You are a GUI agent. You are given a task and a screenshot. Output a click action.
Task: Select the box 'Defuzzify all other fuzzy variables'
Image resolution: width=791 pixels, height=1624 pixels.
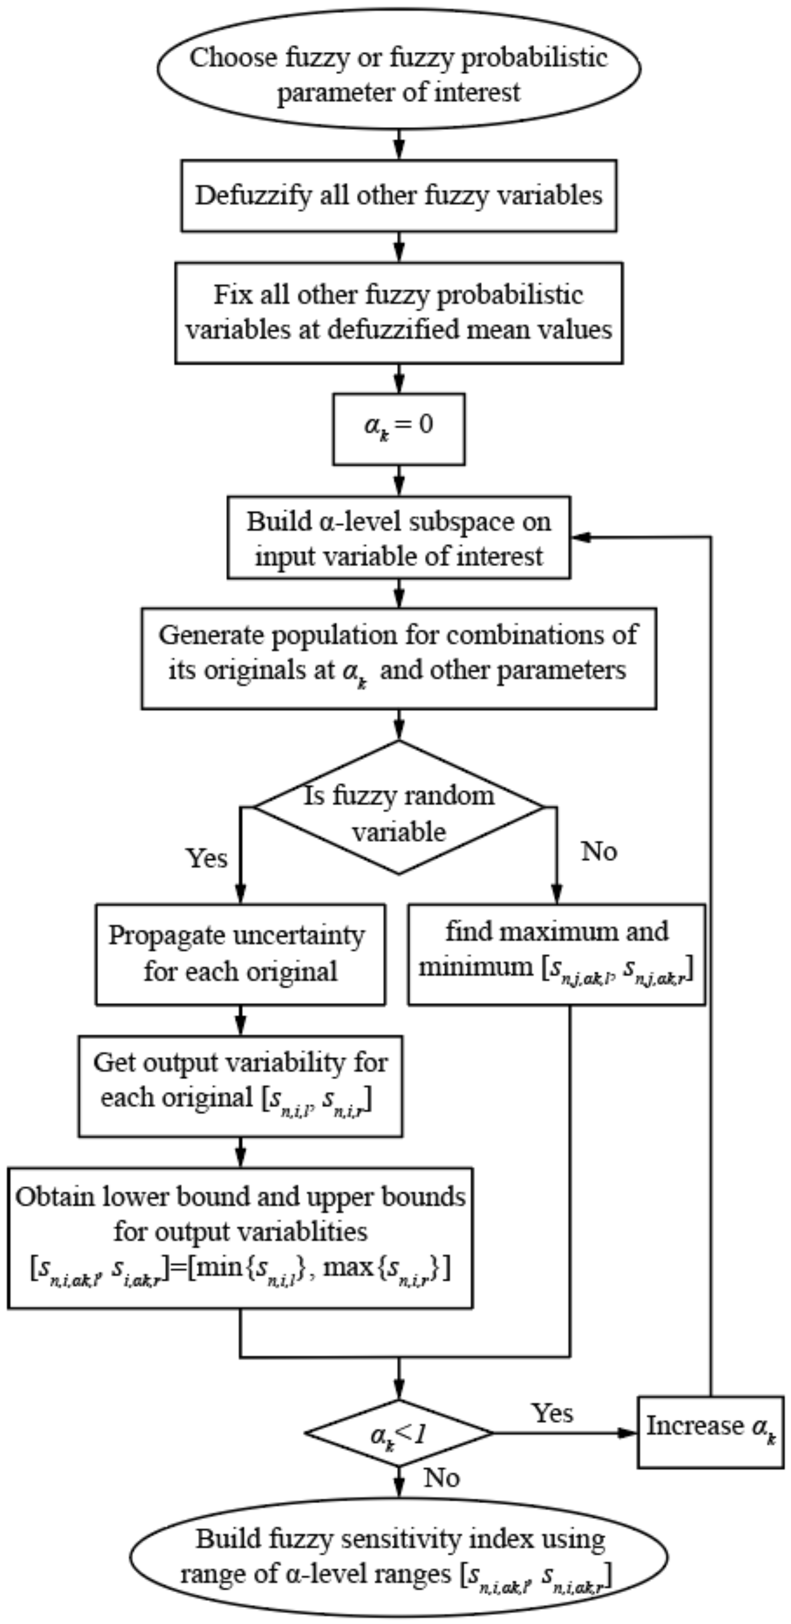point(398,195)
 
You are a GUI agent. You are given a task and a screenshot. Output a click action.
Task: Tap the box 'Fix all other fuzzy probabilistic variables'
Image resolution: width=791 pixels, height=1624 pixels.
point(398,313)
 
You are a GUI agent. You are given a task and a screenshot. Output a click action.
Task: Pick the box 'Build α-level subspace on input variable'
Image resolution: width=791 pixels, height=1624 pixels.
point(398,538)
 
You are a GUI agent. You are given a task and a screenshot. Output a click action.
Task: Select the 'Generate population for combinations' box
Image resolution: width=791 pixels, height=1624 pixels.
point(398,658)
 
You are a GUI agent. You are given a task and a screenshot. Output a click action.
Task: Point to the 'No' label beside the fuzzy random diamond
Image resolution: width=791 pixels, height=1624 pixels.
point(598,851)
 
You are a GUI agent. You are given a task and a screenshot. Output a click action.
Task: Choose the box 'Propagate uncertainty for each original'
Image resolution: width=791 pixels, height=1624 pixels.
point(240,954)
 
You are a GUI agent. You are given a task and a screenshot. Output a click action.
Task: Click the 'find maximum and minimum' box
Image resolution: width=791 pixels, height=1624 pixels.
point(556,954)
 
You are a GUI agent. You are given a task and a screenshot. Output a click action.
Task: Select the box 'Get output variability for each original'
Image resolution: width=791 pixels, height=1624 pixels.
point(240,1085)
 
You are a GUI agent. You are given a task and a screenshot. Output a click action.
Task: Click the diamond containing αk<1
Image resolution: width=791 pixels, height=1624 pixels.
point(398,1434)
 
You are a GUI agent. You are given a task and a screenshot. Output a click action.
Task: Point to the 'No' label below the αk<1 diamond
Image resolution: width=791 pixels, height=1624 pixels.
point(442,1477)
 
